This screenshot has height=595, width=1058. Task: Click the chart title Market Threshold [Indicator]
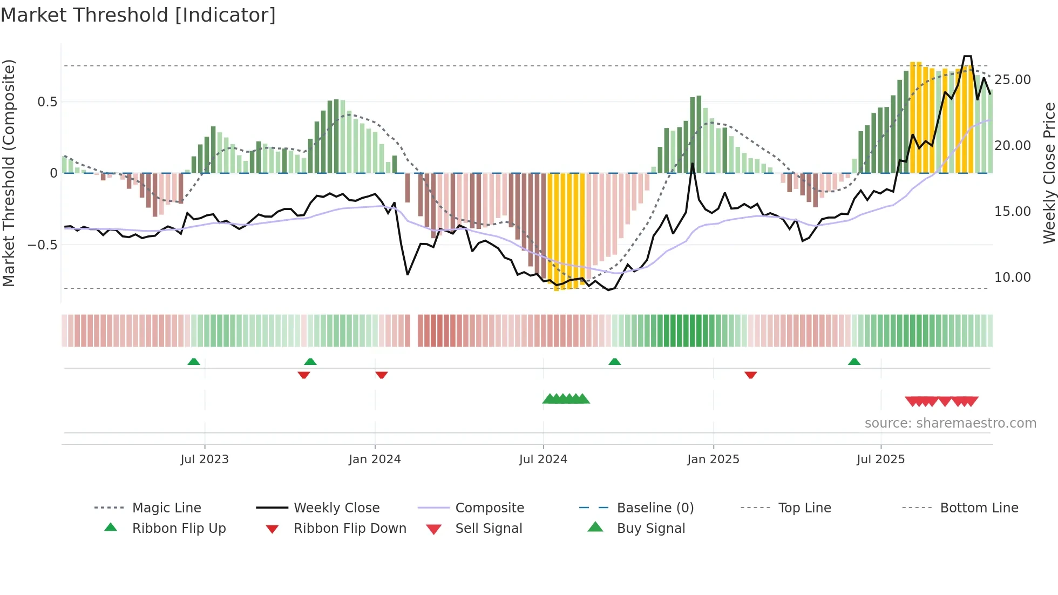(138, 15)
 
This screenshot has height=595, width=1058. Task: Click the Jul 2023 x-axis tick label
(205, 459)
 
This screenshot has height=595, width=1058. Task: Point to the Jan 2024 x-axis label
(375, 459)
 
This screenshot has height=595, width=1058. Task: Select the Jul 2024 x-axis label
(543, 459)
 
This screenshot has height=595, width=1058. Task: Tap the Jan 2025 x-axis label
(713, 459)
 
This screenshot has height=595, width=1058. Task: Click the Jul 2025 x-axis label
(880, 459)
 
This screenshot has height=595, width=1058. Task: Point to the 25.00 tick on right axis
(1012, 80)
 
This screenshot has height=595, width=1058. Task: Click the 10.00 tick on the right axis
(1012, 278)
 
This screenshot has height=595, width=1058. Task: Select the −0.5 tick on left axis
(42, 245)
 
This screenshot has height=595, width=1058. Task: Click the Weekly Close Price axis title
(1049, 173)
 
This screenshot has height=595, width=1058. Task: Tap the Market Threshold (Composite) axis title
(9, 173)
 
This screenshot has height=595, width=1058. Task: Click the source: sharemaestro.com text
(950, 423)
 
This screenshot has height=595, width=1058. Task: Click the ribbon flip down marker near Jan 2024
(382, 375)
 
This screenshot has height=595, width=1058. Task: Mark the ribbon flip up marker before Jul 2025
(854, 362)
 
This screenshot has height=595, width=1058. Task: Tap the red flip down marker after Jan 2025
(750, 375)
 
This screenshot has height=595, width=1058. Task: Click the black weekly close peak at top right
(967, 56)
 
